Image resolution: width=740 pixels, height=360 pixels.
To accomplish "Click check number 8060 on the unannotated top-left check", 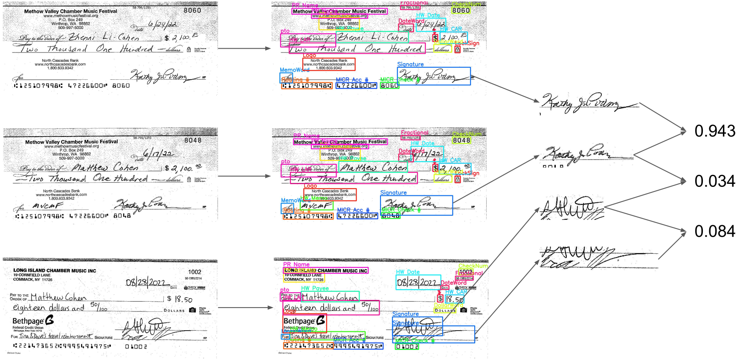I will [192, 10].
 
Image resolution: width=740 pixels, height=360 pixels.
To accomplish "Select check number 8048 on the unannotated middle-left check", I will [193, 140].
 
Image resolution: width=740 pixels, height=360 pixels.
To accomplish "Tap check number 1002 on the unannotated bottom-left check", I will [194, 272].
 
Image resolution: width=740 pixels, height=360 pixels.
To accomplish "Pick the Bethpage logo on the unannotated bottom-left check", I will [33, 320].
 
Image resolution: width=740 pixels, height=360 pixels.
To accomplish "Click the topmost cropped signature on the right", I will [589, 102].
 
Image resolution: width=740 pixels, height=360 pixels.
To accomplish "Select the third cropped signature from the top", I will [572, 207].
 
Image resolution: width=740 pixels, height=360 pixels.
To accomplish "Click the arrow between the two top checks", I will [244, 49].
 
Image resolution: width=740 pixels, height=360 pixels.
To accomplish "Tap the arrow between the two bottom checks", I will [245, 308].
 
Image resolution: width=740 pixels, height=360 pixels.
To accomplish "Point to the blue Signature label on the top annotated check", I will [410, 64].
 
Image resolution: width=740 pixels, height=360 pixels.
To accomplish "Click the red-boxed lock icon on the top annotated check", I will [457, 49].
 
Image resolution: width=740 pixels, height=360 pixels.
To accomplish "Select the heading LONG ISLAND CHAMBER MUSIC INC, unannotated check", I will [55, 270].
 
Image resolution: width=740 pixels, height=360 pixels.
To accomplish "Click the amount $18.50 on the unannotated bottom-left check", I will [180, 299].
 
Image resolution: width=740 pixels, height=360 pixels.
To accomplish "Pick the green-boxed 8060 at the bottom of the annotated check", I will [389, 86].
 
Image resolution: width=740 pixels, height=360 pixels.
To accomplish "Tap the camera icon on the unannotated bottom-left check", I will [192, 310].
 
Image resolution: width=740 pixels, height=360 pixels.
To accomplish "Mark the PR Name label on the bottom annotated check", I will [296, 264].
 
